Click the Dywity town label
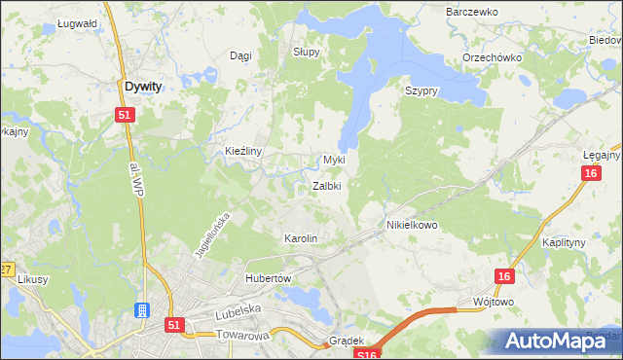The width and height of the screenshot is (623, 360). click(143, 86)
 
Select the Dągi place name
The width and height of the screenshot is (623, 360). click(239, 55)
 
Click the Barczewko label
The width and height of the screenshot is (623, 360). click(471, 12)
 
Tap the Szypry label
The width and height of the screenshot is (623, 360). click(421, 90)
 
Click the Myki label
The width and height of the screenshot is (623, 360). click(334, 160)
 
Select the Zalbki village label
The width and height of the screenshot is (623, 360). click(326, 186)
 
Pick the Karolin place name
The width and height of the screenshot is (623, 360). click(300, 238)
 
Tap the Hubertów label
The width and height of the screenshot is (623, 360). click(269, 277)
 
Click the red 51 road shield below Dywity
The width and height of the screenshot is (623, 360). click(124, 115)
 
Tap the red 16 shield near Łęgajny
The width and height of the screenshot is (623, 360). click(590, 173)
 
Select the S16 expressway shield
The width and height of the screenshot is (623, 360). click(362, 355)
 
